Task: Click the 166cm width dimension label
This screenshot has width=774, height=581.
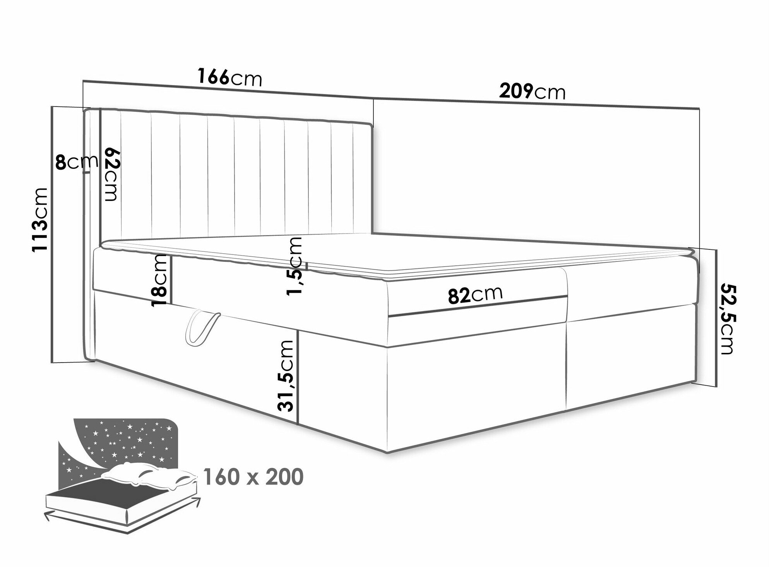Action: (230, 77)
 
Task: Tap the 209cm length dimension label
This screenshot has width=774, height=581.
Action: (532, 92)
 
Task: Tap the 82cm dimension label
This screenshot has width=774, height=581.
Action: (475, 295)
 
